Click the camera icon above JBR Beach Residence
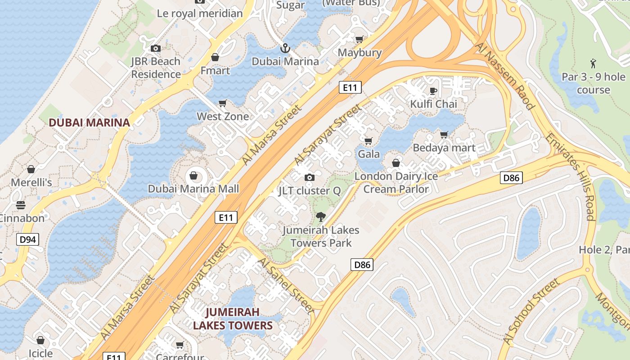tap(156, 48)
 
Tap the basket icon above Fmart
tap(215, 58)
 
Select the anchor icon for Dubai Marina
tap(285, 48)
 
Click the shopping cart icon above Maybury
tap(359, 40)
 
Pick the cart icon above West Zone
tap(222, 103)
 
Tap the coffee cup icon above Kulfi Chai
tap(433, 91)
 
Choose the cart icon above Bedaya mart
tap(444, 135)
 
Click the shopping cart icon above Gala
tap(369, 141)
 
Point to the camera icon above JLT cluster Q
tap(309, 178)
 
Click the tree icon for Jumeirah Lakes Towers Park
tap(320, 217)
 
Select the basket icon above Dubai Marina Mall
tap(193, 175)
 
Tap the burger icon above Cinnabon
tap(21, 205)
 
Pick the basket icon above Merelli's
tap(31, 169)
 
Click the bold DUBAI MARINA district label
tap(89, 122)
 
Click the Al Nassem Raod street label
tap(504, 76)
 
